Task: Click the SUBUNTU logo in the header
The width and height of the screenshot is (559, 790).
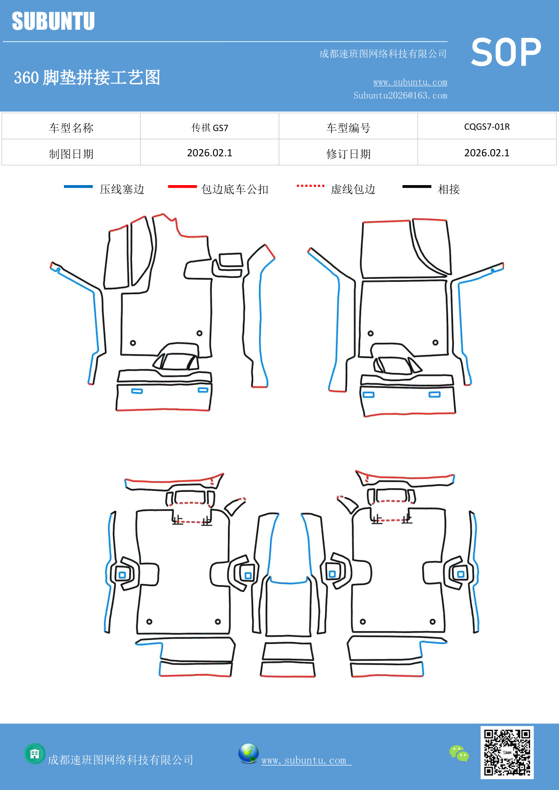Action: pos(53,21)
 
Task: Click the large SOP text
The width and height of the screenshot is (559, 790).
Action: pos(506,52)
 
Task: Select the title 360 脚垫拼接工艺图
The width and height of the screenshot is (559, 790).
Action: pos(87,77)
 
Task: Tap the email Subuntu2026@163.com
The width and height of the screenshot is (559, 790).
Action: pos(400,95)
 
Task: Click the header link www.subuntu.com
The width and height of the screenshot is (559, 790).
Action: pos(410,82)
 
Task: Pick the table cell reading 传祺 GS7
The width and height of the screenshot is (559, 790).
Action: pos(209,127)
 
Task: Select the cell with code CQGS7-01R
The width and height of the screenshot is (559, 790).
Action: pos(486,127)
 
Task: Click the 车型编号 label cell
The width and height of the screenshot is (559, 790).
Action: pos(348,128)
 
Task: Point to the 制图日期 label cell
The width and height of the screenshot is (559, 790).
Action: pos(71,154)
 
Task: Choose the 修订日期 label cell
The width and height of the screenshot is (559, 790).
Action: pos(348,154)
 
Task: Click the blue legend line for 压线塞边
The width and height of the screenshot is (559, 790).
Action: pos(78,186)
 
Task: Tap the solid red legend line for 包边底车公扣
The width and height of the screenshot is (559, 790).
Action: pos(182,186)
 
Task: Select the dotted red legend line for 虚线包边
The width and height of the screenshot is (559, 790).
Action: pos(310,186)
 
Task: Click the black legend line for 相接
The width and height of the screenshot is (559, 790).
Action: pos(417,186)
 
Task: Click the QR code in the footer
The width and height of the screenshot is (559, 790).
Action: pos(507,753)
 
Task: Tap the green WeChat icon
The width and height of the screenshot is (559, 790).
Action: pos(459,754)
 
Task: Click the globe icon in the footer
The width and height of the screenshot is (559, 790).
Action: pos(248,754)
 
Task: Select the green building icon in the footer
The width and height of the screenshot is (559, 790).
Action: pos(35,754)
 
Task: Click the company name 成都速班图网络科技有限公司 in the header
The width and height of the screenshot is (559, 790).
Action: pos(383,54)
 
